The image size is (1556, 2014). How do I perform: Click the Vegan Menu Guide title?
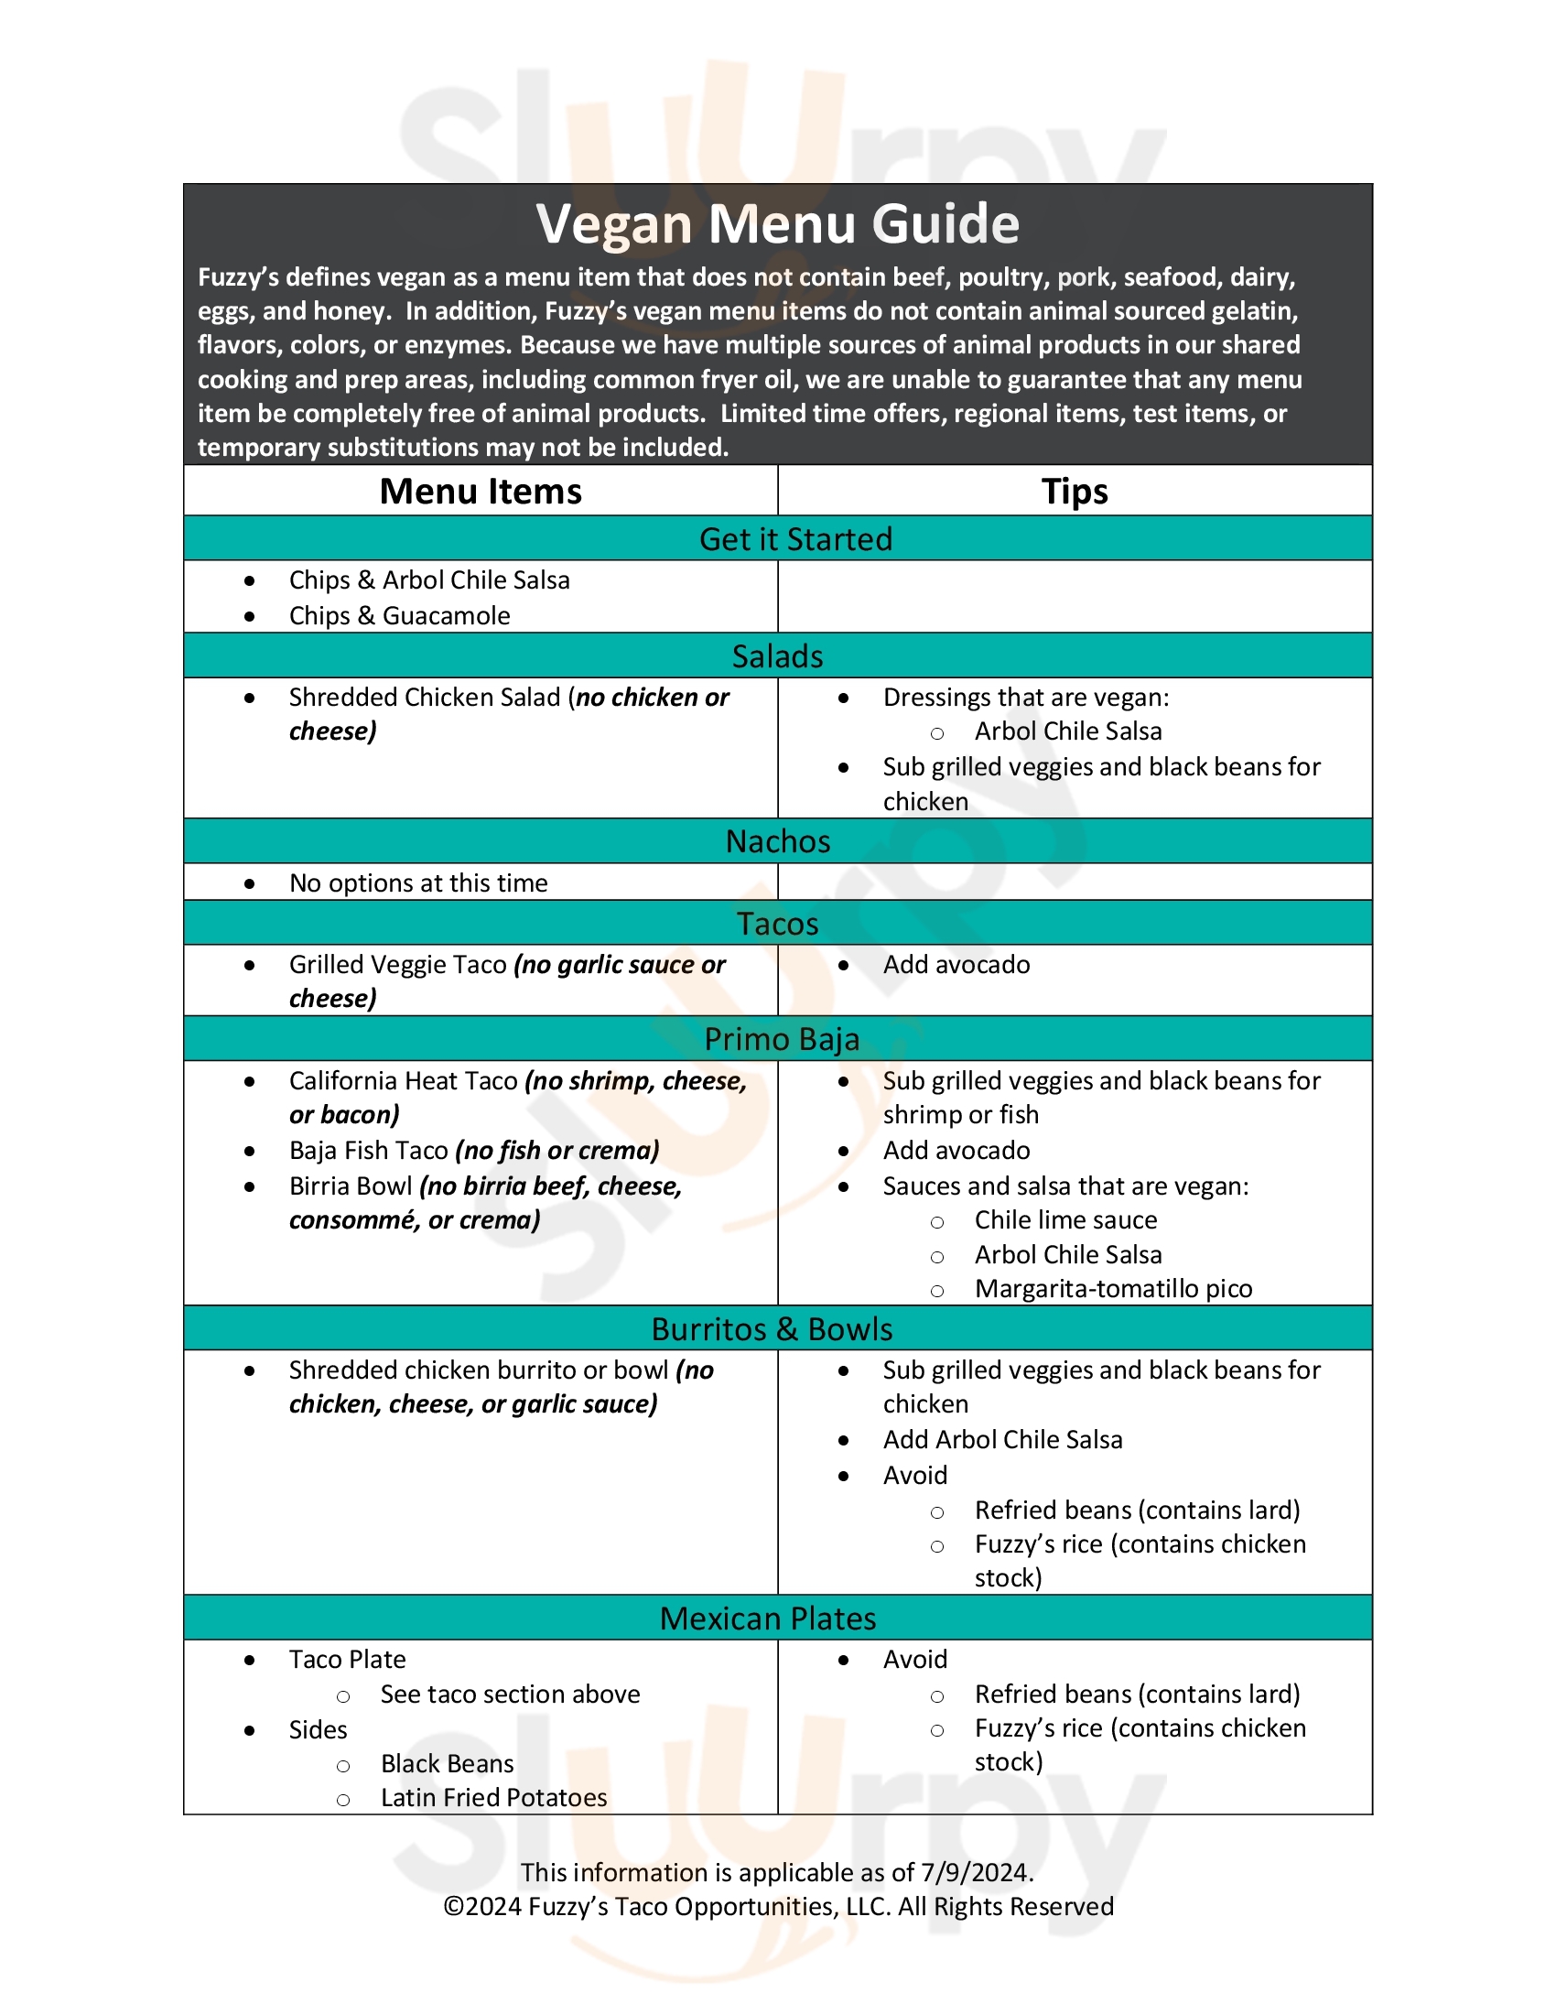(777, 224)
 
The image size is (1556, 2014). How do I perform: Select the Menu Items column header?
(481, 492)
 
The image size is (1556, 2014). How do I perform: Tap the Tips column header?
(1074, 492)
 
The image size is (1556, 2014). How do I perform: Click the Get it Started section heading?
(794, 539)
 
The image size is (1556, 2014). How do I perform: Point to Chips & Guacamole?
(399, 616)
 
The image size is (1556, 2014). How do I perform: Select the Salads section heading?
(777, 656)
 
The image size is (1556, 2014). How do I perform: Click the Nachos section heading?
(777, 842)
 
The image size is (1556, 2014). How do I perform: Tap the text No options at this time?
(417, 883)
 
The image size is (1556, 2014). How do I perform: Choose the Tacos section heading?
(777, 924)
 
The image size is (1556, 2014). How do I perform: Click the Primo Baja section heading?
(781, 1039)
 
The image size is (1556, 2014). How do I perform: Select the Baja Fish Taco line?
(474, 1151)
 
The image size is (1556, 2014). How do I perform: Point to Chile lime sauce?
(1064, 1220)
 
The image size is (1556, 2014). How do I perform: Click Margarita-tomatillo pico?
(1113, 1289)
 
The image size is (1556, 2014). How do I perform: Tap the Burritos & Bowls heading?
(772, 1330)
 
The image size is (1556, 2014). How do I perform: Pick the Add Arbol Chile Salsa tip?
(1002, 1440)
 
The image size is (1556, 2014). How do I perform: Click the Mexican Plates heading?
(767, 1619)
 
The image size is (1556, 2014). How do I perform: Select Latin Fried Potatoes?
(493, 1798)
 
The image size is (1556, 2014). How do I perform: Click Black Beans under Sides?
(446, 1764)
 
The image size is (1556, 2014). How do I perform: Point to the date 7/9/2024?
(976, 1873)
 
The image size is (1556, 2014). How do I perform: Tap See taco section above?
(510, 1695)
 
